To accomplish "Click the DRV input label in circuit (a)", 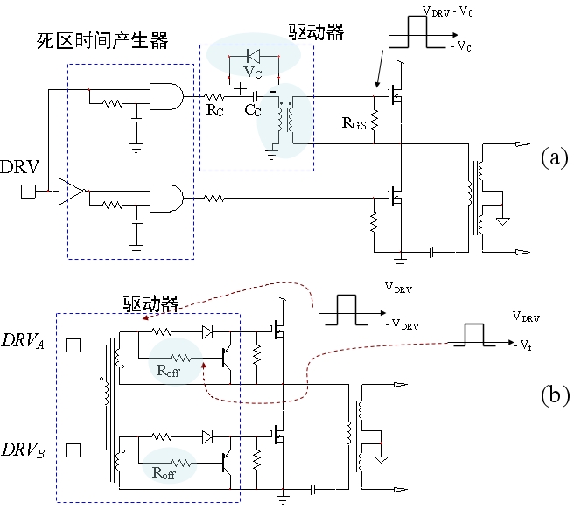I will [x=18, y=166].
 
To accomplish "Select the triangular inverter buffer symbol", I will [x=71, y=190].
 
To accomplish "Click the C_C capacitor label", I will [x=253, y=111].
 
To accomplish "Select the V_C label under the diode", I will [x=253, y=69].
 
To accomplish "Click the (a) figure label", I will [x=555, y=157].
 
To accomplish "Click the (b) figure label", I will [x=555, y=394].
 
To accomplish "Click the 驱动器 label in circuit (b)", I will [x=150, y=304].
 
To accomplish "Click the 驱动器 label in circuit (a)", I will [x=316, y=33].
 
